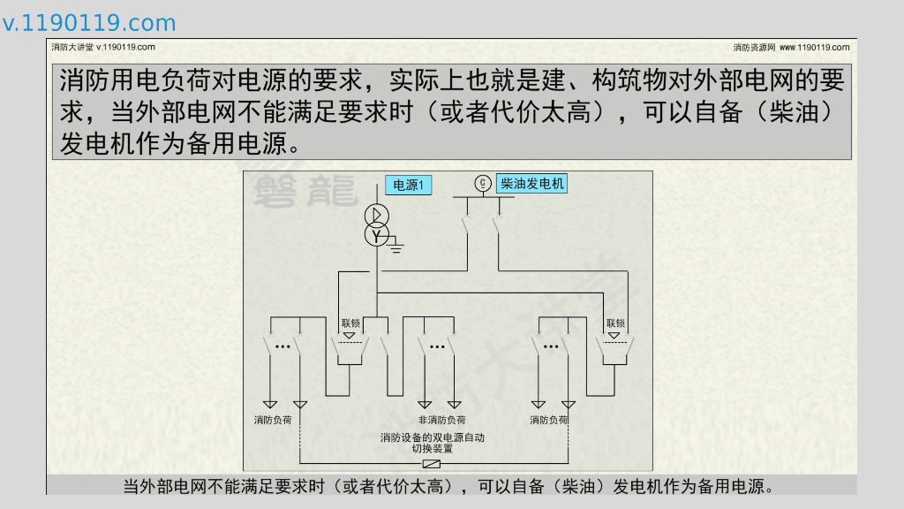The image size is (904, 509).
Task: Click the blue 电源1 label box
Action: click(x=408, y=186)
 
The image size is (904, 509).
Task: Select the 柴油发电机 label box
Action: click(x=531, y=184)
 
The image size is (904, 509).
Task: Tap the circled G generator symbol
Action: click(x=482, y=184)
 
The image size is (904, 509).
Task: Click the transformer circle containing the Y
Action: click(x=377, y=236)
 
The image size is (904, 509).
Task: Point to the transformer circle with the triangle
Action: click(x=377, y=216)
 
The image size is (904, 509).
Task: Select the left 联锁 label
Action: click(x=350, y=323)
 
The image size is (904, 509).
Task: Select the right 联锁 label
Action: click(x=615, y=323)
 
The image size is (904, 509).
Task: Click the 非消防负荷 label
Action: click(x=441, y=420)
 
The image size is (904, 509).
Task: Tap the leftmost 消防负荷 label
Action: click(x=273, y=420)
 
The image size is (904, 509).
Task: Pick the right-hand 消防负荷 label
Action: click(x=548, y=420)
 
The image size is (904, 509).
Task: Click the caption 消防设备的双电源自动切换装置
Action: click(x=432, y=443)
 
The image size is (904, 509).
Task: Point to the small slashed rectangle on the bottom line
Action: click(x=433, y=464)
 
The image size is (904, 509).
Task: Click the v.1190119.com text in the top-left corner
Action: click(x=89, y=23)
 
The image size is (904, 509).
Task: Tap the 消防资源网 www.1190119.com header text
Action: click(x=791, y=47)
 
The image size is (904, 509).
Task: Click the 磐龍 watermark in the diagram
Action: click(x=305, y=190)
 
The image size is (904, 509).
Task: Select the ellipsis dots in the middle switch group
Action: click(x=436, y=346)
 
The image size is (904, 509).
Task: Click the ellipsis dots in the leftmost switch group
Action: click(x=282, y=346)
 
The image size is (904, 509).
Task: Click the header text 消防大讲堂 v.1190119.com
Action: click(x=103, y=47)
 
